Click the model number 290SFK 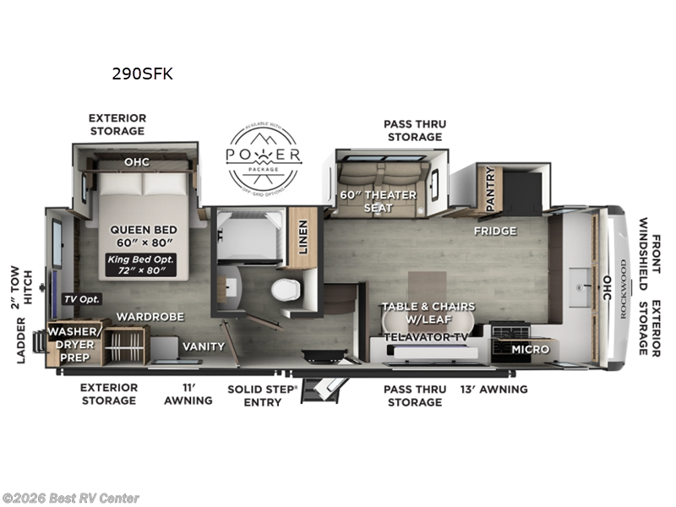point(142,74)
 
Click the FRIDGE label point(495,231)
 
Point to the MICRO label point(530,349)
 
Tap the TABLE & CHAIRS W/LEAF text point(428,313)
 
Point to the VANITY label point(204,346)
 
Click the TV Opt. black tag point(81,298)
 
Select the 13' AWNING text point(493,390)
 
